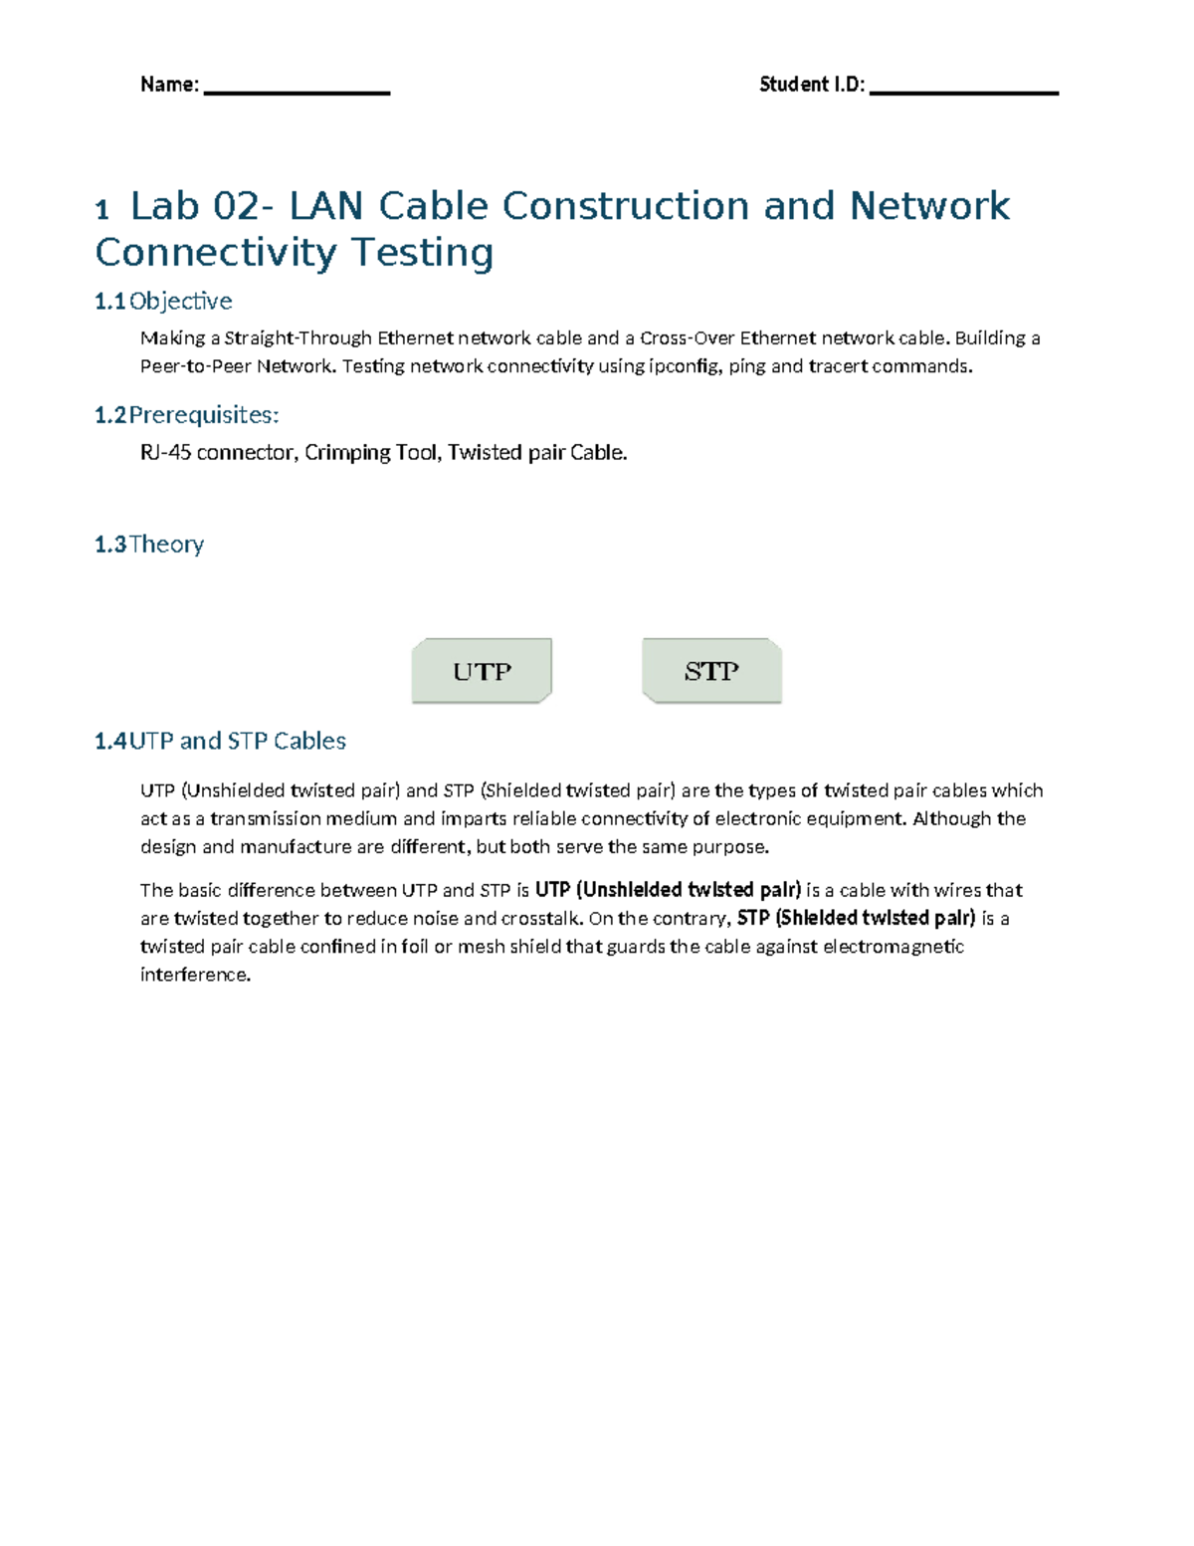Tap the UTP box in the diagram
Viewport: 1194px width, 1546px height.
point(482,671)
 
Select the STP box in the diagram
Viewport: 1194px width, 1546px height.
point(711,671)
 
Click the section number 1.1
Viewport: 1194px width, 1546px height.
point(109,302)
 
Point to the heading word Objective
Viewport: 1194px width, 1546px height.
point(181,302)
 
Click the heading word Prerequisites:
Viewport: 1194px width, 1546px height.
point(204,415)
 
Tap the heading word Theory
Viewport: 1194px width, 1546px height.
point(166,545)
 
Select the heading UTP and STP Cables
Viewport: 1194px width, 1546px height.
point(238,741)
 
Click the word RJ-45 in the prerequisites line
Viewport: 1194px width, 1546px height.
point(165,453)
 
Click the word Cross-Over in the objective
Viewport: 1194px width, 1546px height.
point(688,338)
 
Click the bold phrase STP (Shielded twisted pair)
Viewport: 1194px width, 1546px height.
point(856,918)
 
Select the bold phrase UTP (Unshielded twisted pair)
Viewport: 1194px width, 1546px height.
point(668,890)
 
